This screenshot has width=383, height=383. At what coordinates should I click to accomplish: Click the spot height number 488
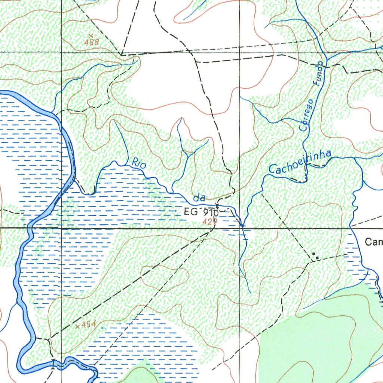click(92, 42)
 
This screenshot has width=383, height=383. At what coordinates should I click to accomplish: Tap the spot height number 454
click(88, 324)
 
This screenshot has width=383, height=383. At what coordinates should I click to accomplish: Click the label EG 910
click(200, 212)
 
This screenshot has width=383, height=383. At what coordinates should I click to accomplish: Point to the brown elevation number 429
click(210, 222)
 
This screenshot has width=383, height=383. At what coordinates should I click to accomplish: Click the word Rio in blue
click(139, 163)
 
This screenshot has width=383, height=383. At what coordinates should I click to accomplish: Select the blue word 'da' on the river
click(199, 198)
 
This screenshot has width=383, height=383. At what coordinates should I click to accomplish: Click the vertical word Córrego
click(306, 115)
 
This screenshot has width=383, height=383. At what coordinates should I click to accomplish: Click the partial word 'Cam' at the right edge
click(374, 242)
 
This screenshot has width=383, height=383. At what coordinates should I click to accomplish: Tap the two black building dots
click(316, 257)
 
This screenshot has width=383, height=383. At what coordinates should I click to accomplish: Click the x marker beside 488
click(91, 36)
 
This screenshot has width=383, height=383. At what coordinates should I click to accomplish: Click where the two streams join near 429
click(242, 225)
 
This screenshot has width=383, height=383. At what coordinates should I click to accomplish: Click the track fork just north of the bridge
click(49, 340)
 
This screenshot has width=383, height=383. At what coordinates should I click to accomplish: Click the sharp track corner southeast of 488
click(122, 55)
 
